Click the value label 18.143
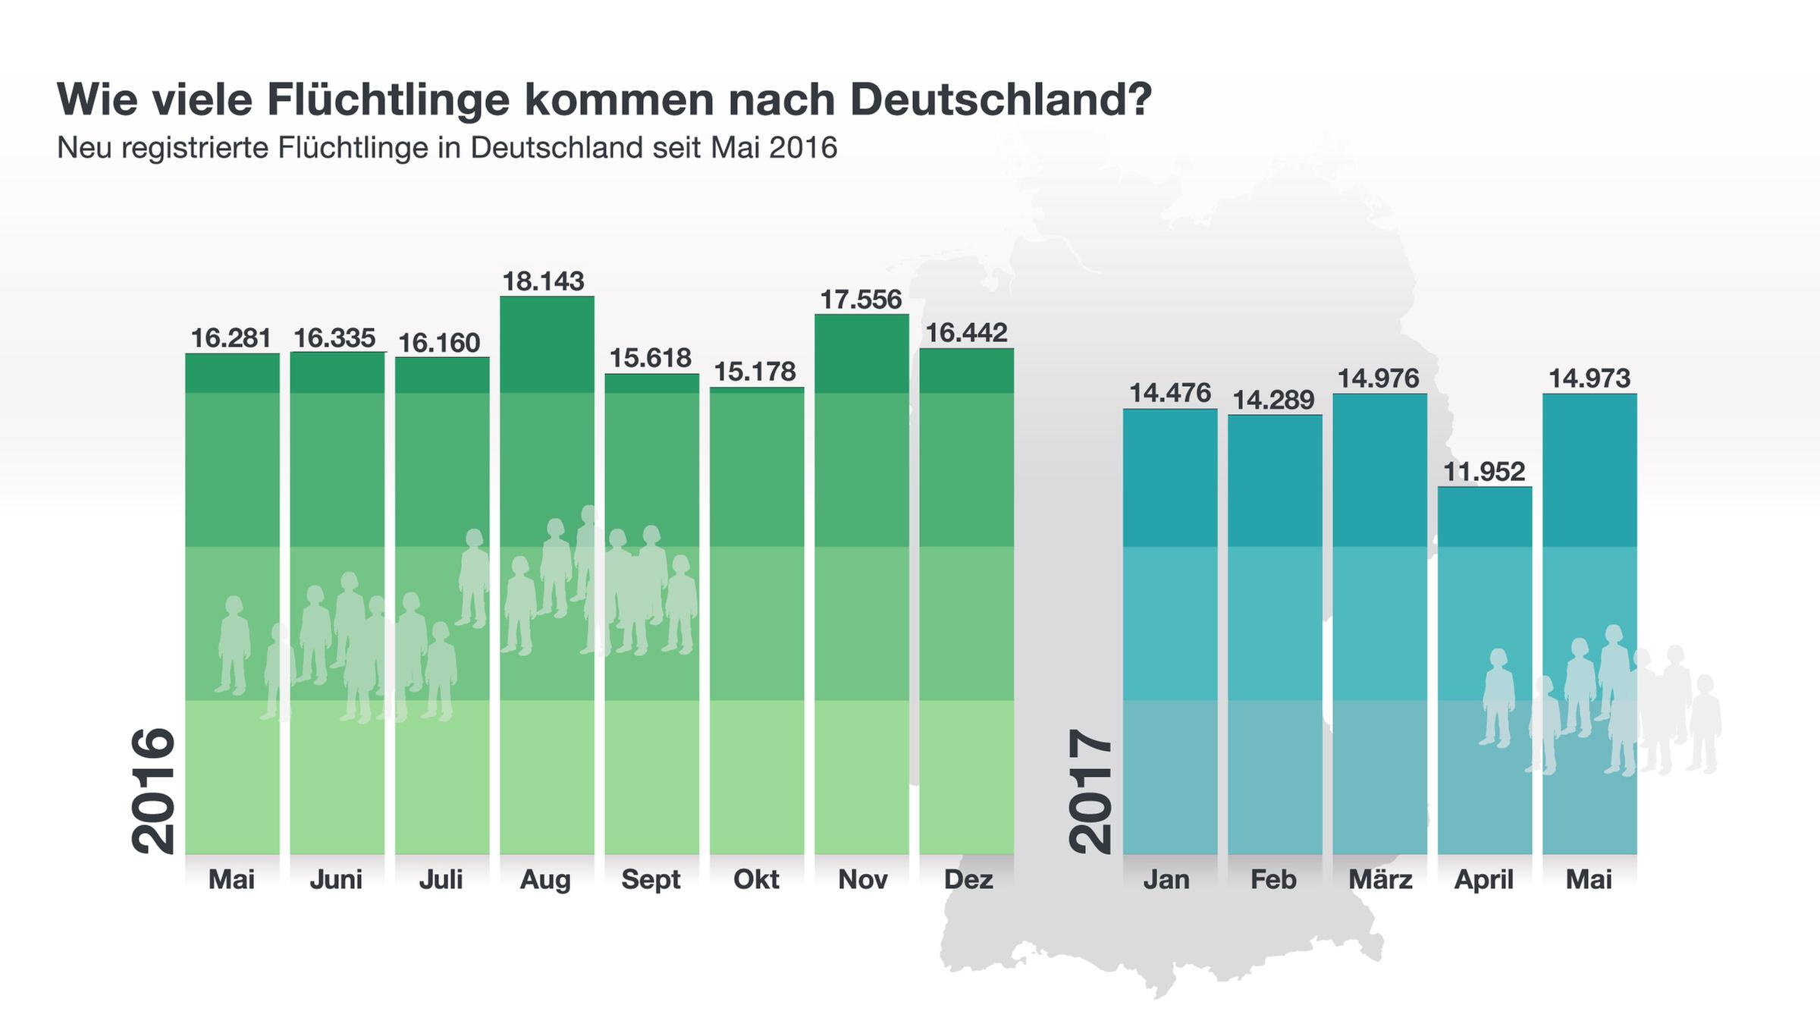[x=544, y=281]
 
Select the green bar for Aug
[x=547, y=576]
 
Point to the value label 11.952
[x=1483, y=472]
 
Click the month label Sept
[x=651, y=879]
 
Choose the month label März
[x=1380, y=879]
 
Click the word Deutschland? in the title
[x=1001, y=99]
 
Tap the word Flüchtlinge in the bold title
[x=388, y=99]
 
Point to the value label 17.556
[x=861, y=300]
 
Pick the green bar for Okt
[x=757, y=622]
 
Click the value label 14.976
[x=1379, y=379]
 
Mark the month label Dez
[x=968, y=879]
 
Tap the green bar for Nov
[x=861, y=584]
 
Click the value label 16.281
[x=231, y=338]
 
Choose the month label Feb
[x=1274, y=879]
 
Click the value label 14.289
[x=1274, y=400]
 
